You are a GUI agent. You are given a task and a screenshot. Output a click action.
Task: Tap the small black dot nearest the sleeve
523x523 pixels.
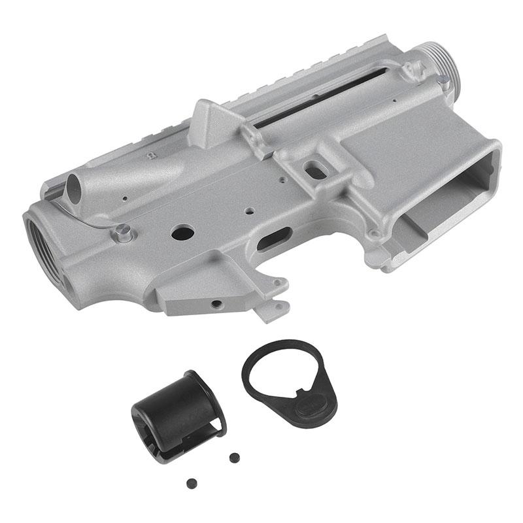click(233, 456)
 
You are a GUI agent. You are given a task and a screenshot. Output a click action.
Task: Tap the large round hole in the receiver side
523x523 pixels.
click(183, 231)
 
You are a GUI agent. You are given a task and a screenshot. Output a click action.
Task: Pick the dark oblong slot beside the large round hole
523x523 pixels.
click(275, 239)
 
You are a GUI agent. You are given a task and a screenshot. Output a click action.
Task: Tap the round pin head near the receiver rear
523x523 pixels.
click(122, 232)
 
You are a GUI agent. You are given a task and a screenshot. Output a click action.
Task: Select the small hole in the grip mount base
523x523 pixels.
click(214, 303)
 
